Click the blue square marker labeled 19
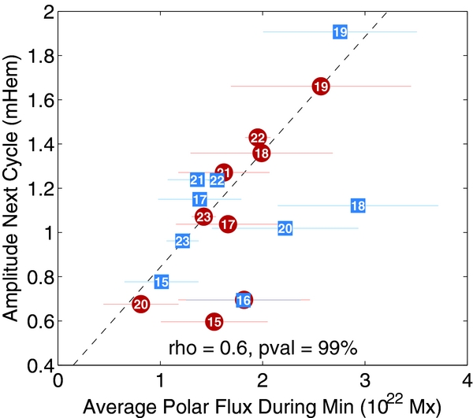[x=340, y=32]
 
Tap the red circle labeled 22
[x=258, y=138]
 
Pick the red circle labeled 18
[x=262, y=153]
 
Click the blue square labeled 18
[x=357, y=205]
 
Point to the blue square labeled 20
[x=285, y=228]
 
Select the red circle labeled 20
[x=141, y=304]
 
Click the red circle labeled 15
[x=214, y=321]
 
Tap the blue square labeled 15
[x=162, y=282]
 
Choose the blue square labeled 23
[x=182, y=241]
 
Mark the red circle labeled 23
[x=203, y=216]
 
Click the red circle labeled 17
[x=228, y=224]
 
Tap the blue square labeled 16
[x=244, y=300]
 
